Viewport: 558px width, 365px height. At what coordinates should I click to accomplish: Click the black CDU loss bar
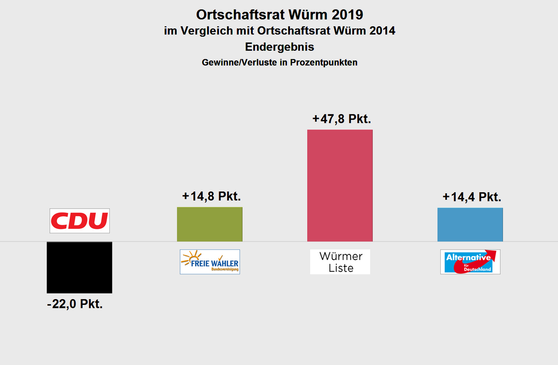(79, 267)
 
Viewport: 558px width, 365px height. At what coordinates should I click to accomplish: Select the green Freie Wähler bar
(209, 224)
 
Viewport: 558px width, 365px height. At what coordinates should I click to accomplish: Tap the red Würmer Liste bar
(340, 185)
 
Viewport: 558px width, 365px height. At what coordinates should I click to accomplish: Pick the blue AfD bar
(470, 225)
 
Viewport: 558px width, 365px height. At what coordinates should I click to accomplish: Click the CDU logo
(79, 221)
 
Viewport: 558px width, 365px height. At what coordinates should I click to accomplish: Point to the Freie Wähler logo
(210, 262)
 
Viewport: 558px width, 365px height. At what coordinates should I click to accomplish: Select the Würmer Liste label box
(340, 262)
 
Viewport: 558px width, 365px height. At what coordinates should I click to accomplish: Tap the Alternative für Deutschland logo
(470, 262)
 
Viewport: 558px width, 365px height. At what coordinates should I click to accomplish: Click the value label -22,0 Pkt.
(75, 304)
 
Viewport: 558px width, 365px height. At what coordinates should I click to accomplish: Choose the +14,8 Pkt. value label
(211, 196)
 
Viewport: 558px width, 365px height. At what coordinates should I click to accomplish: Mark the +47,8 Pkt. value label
(341, 119)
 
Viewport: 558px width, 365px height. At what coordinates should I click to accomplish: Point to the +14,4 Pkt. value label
(472, 197)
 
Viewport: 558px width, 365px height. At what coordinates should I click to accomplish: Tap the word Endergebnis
(279, 47)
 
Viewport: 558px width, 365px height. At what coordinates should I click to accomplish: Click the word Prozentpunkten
(325, 62)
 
